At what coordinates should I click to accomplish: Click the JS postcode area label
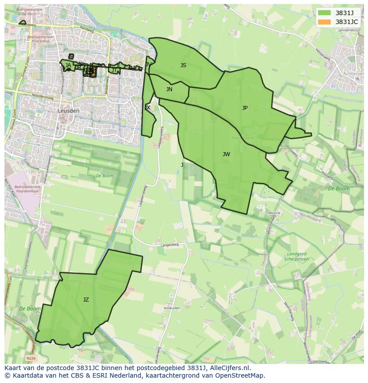point(183,65)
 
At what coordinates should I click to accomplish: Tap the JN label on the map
point(169,89)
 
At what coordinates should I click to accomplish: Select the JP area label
point(245,108)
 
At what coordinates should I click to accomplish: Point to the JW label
point(226,154)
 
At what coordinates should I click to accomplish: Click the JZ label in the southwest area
point(86,300)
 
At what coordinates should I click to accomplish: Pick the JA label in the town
point(68,65)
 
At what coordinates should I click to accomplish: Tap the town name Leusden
point(68,111)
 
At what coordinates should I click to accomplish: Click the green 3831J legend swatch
point(324,13)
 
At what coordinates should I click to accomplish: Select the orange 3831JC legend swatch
point(324,22)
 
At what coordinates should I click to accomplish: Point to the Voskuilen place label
point(172,308)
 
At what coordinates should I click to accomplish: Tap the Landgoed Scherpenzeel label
point(296,257)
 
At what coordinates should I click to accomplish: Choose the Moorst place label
point(274,214)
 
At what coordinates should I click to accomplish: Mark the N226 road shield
point(30,358)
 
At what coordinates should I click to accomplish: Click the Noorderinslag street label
point(42,96)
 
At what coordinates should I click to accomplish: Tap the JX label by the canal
point(148,108)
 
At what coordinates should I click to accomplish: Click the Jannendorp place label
point(348,30)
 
